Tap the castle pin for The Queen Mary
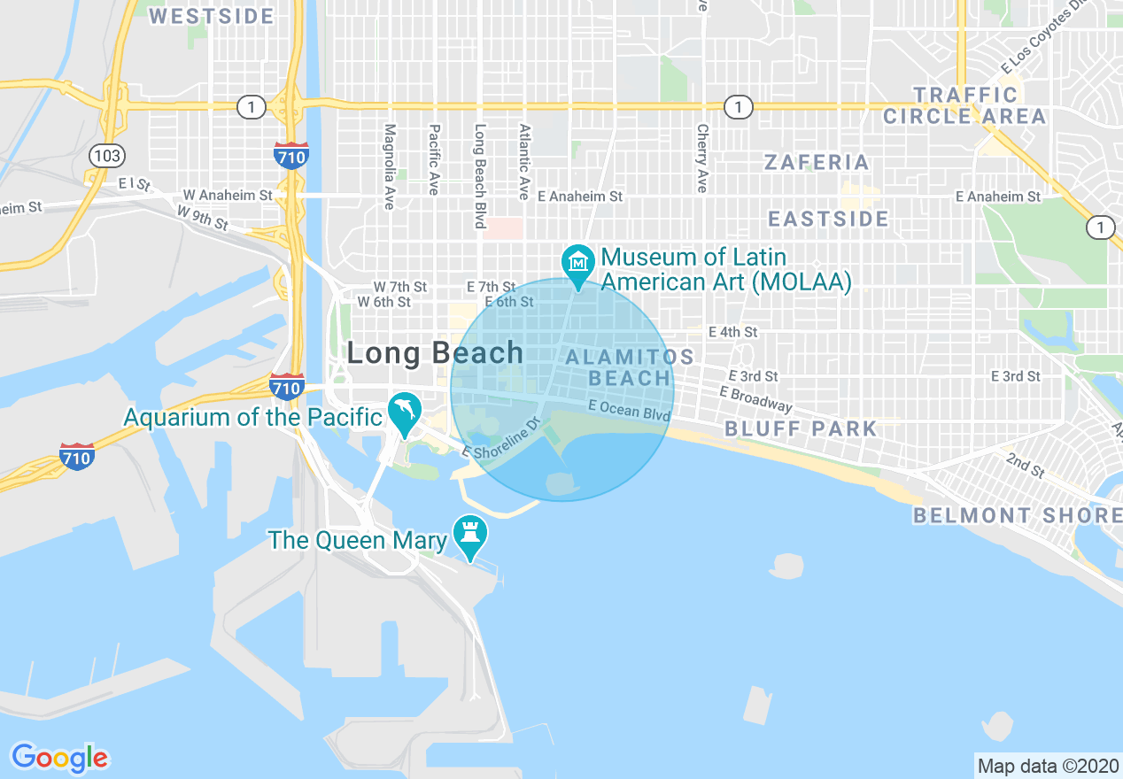470,534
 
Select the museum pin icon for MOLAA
578,263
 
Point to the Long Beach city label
435,353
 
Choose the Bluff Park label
801,429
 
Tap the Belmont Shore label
1017,515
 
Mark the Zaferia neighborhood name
817,163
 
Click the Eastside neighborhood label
828,219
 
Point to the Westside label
212,16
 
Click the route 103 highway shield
106,157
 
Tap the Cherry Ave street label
702,158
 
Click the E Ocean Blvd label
629,410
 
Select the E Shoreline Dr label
501,438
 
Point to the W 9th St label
203,217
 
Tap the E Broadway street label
755,398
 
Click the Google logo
60,758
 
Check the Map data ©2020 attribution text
1047,766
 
